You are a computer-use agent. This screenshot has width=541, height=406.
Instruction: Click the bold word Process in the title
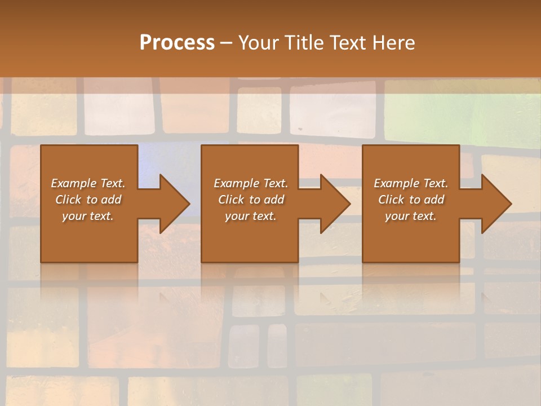pyautogui.click(x=177, y=43)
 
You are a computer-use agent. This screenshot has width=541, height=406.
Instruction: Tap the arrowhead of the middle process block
pyautogui.click(x=335, y=204)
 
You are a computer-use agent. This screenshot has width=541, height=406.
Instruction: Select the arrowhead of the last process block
pyautogui.click(x=496, y=204)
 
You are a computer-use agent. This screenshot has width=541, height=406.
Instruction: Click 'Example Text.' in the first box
pyautogui.click(x=88, y=183)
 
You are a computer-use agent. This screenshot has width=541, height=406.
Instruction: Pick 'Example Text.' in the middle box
pyautogui.click(x=251, y=183)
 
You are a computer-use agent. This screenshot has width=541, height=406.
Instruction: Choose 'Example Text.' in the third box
pyautogui.click(x=411, y=183)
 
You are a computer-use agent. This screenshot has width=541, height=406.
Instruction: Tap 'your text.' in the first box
pyautogui.click(x=88, y=216)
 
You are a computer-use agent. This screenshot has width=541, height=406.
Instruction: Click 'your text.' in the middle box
pyautogui.click(x=251, y=216)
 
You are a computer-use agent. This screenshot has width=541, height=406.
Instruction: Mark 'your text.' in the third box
pyautogui.click(x=411, y=216)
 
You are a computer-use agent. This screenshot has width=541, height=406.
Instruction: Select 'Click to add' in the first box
pyautogui.click(x=88, y=200)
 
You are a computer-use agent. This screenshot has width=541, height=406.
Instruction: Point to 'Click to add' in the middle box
pyautogui.click(x=251, y=200)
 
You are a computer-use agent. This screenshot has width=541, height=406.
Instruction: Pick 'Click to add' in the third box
pyautogui.click(x=411, y=200)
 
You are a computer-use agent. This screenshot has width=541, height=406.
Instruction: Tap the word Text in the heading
pyautogui.click(x=348, y=43)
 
